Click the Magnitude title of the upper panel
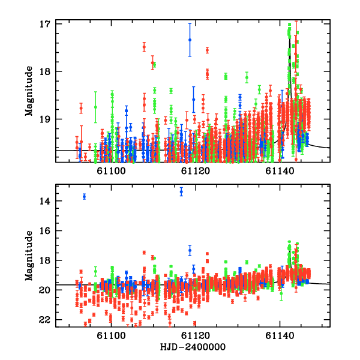tap(29, 91)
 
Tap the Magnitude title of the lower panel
tap(29, 255)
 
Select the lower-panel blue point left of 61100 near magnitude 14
tap(84, 196)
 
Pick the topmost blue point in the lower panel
tap(181, 191)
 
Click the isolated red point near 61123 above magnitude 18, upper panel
tap(207, 50)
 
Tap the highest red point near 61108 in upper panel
tap(144, 46)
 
